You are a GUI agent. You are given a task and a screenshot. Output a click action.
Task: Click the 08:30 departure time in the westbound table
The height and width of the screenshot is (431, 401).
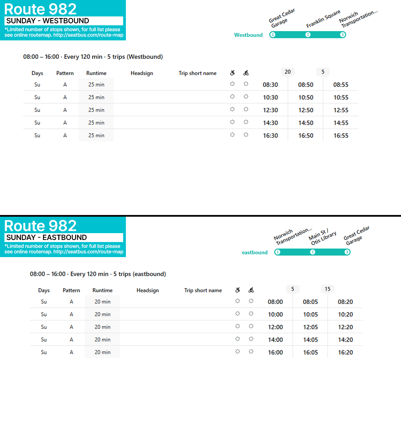click(x=270, y=85)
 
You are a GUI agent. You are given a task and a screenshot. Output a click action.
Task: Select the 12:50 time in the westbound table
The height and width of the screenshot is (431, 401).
click(x=306, y=110)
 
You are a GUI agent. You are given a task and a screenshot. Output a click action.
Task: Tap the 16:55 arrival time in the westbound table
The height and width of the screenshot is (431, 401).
click(x=341, y=136)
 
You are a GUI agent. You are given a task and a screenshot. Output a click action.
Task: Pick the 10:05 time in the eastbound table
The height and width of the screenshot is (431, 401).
click(x=310, y=315)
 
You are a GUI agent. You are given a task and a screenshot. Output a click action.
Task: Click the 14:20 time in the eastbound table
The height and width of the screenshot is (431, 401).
click(x=345, y=340)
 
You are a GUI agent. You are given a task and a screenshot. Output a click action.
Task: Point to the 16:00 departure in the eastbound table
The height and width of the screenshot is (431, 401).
click(x=275, y=353)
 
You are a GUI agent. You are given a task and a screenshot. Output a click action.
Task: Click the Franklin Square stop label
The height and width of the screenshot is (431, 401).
click(x=323, y=19)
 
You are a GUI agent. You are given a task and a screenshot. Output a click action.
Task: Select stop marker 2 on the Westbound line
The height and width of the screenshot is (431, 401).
click(x=308, y=35)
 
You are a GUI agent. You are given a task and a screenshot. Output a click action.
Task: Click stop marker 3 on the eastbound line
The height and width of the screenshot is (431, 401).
click(x=347, y=252)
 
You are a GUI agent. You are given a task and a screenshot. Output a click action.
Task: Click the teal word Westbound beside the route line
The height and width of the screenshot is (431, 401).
click(x=248, y=35)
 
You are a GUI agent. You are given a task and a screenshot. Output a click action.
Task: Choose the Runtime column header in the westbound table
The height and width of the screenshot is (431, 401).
click(x=96, y=73)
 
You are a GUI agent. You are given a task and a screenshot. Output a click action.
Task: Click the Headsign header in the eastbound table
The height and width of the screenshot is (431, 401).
click(x=148, y=291)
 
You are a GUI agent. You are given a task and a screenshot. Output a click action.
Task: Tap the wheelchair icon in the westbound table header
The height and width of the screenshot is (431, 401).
click(x=233, y=73)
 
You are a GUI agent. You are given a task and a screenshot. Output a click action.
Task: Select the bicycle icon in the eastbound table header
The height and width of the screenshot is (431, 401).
click(x=251, y=290)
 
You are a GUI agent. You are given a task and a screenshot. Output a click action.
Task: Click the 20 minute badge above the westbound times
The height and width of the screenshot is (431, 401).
click(x=287, y=72)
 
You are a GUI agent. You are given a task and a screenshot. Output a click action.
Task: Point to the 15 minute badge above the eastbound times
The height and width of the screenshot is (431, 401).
click(x=328, y=289)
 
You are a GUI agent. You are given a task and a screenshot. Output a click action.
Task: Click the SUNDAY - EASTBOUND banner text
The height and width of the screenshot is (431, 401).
click(x=47, y=238)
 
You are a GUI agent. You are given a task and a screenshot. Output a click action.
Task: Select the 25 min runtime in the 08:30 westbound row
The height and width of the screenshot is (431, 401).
click(x=96, y=85)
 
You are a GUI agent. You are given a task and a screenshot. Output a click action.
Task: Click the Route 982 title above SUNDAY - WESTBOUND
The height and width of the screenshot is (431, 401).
click(x=40, y=9)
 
